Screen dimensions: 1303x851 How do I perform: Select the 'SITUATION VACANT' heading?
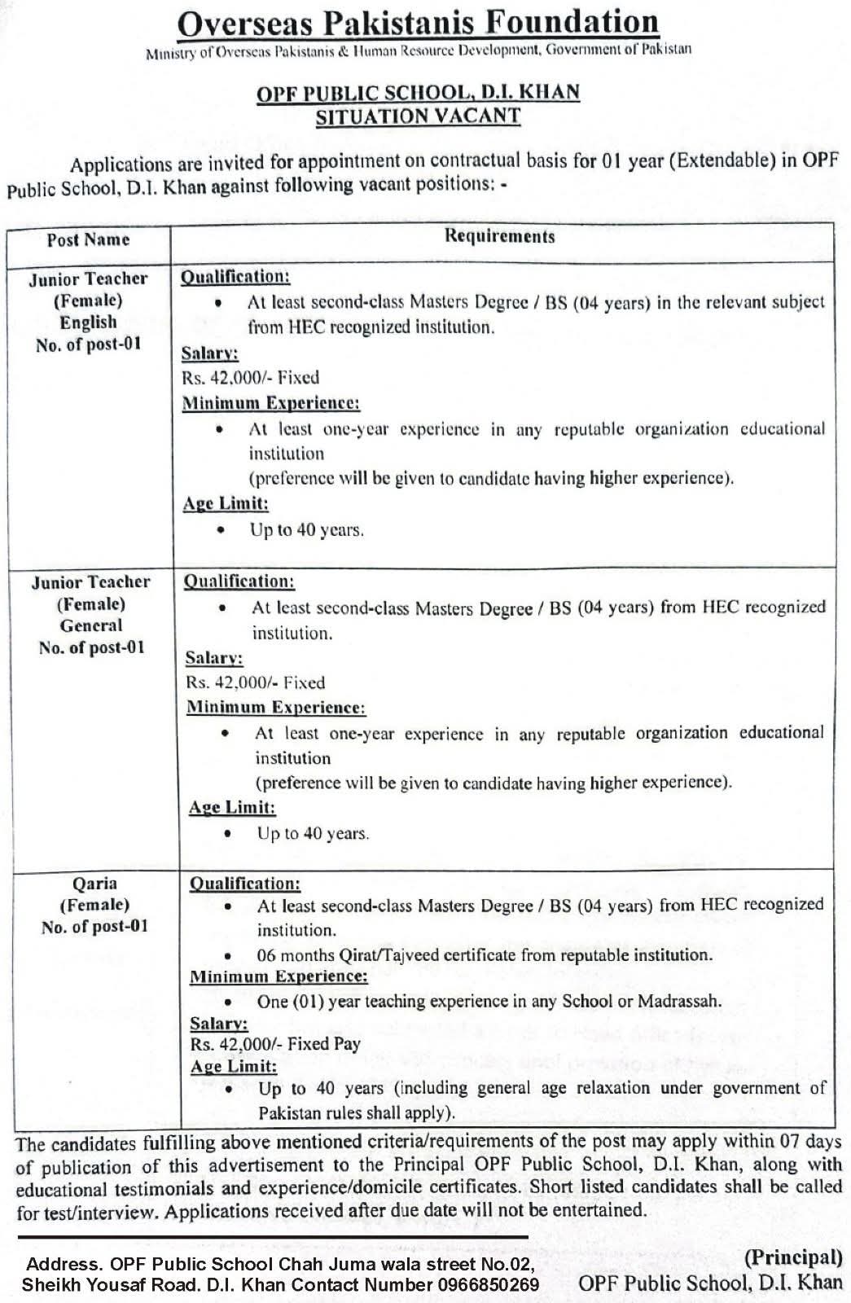418,116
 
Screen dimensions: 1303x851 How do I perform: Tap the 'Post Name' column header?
88,239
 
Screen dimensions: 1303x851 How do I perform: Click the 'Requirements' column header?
499,236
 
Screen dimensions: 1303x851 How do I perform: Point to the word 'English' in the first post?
88,322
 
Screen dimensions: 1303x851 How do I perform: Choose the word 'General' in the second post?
91,625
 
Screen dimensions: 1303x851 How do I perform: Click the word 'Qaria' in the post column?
94,883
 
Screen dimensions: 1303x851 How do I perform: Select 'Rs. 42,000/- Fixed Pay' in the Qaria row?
275,1044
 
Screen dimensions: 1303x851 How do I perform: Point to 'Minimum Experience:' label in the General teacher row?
276,707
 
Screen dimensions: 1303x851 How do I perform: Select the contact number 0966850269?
487,1285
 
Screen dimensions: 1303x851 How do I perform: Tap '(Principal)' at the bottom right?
793,1257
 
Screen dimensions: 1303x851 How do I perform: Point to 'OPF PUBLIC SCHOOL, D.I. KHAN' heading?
418,92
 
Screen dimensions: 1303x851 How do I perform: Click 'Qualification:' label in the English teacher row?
235,277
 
